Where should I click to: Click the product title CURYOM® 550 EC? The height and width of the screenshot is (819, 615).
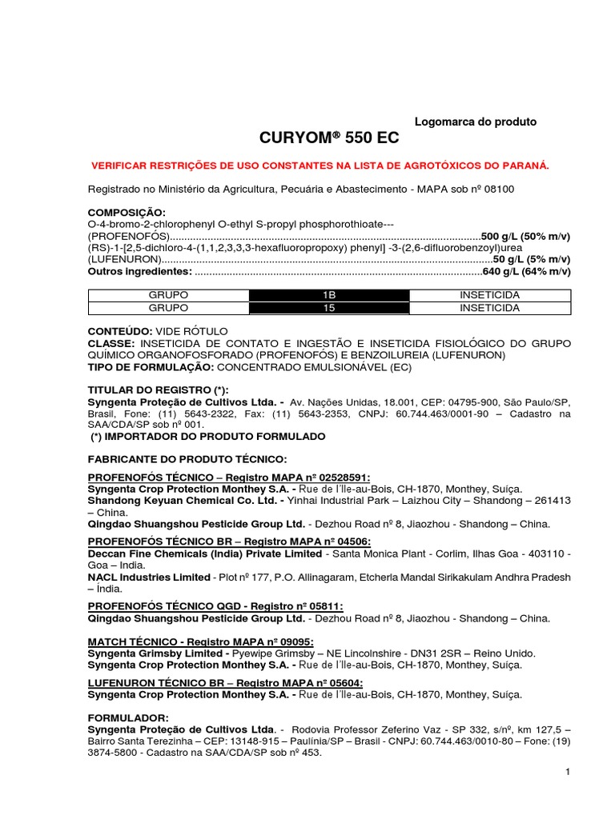(328, 138)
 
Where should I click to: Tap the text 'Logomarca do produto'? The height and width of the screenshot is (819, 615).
(475, 122)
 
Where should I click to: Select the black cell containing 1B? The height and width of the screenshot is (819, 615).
(328, 295)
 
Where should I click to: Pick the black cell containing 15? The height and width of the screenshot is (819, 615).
(328, 307)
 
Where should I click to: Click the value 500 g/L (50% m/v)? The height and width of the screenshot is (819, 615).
(525, 237)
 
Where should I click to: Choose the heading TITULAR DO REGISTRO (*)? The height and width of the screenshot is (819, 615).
(151, 390)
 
